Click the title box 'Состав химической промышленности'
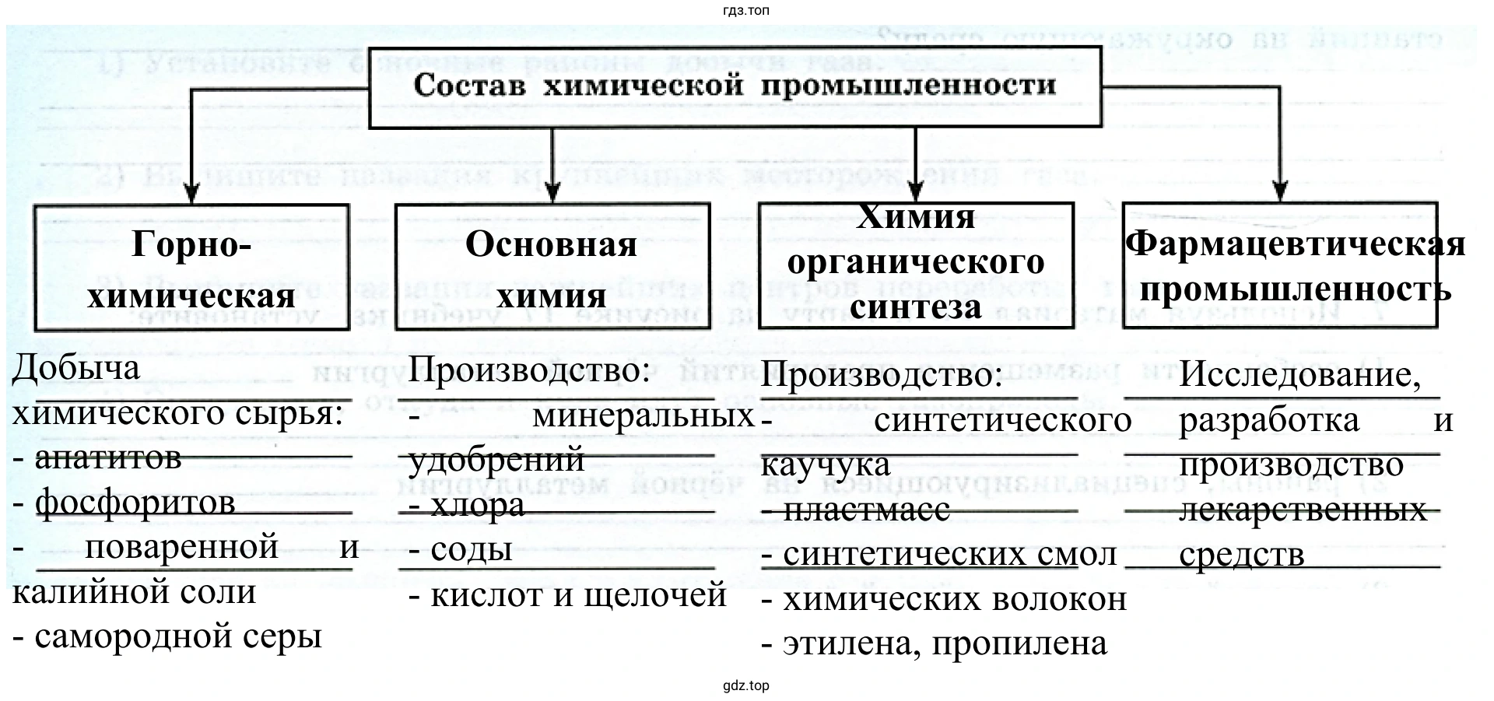pyautogui.click(x=735, y=86)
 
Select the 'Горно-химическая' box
pyautogui.click(x=191, y=268)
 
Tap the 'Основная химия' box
pyautogui.click(x=552, y=268)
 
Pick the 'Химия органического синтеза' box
pyautogui.click(x=916, y=265)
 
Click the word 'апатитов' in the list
pyautogui.click(x=108, y=457)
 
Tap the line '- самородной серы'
pyautogui.click(x=167, y=637)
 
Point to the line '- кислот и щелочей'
pyautogui.click(x=567, y=595)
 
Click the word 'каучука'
pyautogui.click(x=825, y=465)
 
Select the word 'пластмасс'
pyautogui.click(x=866, y=510)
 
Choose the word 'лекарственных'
pyautogui.click(x=1303, y=510)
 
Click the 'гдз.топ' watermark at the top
pyautogui.click(x=745, y=10)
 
